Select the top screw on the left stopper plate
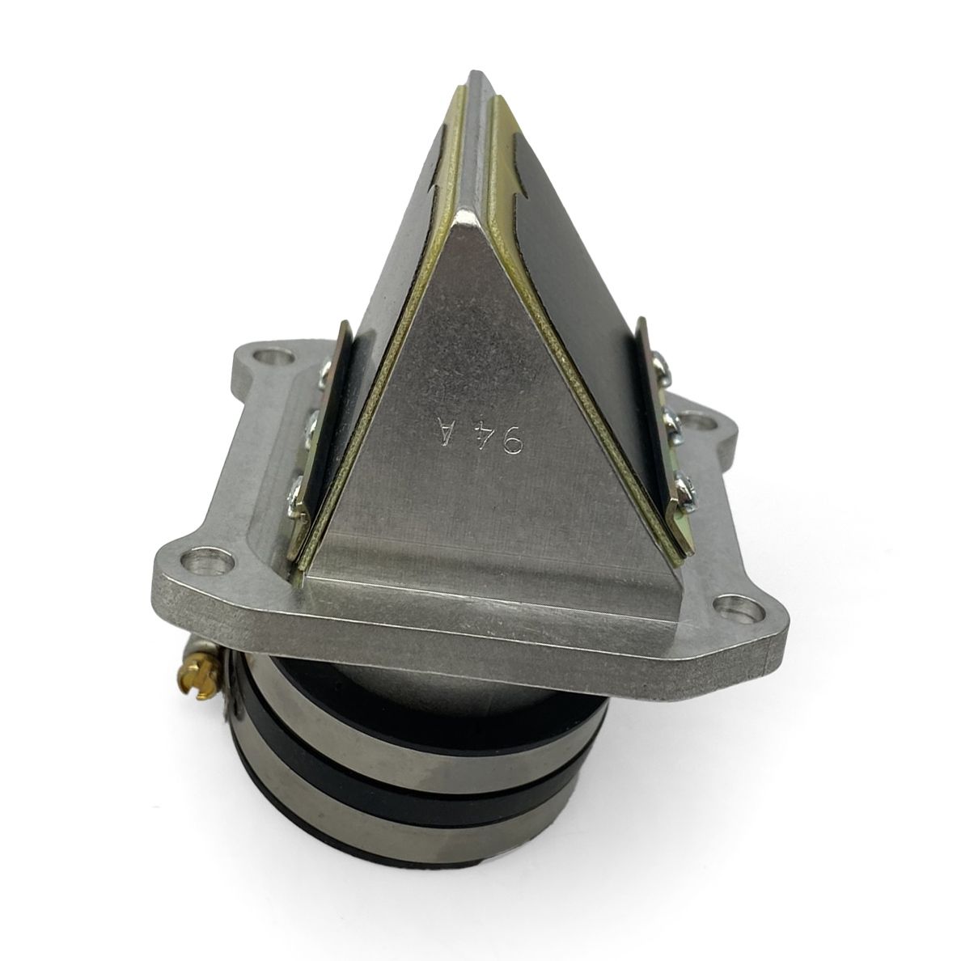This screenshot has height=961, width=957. (x=328, y=373)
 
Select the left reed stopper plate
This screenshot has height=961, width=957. (x=320, y=437)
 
